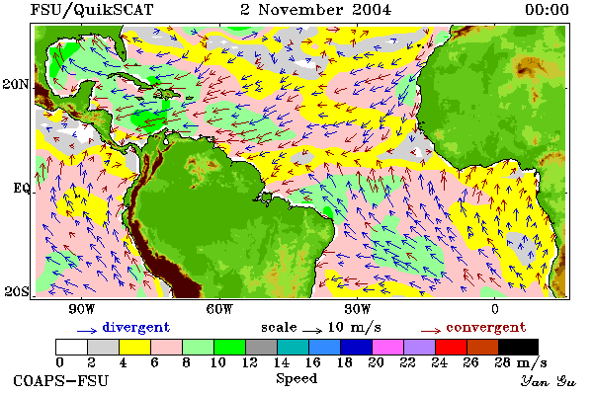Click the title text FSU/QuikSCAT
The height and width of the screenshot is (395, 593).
(x=92, y=10)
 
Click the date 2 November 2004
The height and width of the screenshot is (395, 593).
(x=316, y=10)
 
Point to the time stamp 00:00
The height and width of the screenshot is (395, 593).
(x=547, y=10)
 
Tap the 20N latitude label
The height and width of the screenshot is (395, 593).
(x=16, y=84)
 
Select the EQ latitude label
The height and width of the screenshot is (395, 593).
(x=22, y=188)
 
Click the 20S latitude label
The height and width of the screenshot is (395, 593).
(x=17, y=291)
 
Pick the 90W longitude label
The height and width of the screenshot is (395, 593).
(x=81, y=309)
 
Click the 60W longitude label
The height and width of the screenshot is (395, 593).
(x=219, y=309)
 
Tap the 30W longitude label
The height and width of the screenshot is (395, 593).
(x=357, y=309)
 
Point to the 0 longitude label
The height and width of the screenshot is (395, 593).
(x=495, y=309)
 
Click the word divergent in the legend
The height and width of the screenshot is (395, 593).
(x=136, y=328)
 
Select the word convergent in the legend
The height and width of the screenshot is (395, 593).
(x=486, y=327)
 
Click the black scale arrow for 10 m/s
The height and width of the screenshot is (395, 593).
(x=312, y=331)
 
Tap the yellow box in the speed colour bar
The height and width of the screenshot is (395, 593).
(x=134, y=347)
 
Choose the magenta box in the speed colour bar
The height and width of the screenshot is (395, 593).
(x=387, y=347)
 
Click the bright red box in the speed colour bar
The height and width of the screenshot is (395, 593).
(x=451, y=347)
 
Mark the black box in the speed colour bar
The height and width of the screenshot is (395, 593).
(x=518, y=347)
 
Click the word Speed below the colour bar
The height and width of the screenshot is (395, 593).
(x=296, y=379)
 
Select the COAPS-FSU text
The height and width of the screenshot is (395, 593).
(x=61, y=381)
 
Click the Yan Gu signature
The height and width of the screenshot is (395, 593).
(x=549, y=381)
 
